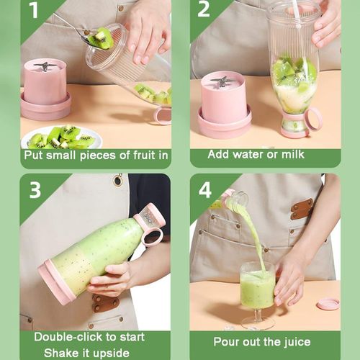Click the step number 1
pyautogui.click(x=34, y=11)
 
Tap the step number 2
pyautogui.click(x=204, y=10)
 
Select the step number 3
pyautogui.click(x=35, y=190)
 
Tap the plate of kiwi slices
pyautogui.click(x=61, y=136)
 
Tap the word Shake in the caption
pyautogui.click(x=63, y=353)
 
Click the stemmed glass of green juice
pyautogui.click(x=256, y=288)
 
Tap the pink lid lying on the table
pyautogui.click(x=328, y=303)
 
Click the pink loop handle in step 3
pyautogui.click(x=151, y=233)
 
